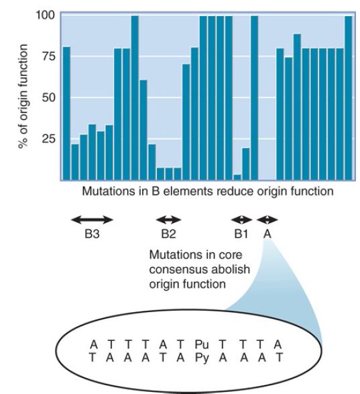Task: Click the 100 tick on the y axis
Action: point(46,15)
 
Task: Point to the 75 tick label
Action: point(49,56)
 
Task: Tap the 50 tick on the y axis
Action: point(49,97)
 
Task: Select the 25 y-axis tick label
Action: point(49,138)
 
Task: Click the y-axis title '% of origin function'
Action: point(23,97)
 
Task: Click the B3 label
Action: point(92,234)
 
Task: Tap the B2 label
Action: point(168,234)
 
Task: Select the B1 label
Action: point(241,234)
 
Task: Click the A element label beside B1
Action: point(267,234)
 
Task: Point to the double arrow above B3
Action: point(92,220)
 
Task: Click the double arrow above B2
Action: point(168,220)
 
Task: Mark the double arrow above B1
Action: point(241,220)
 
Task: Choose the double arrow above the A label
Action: point(267,220)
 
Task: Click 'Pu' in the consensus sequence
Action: point(202,344)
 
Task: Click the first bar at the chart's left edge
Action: point(66,113)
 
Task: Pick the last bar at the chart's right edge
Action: point(349,98)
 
